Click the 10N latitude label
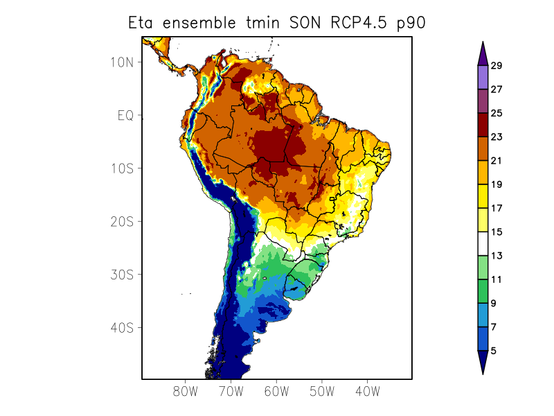coord(122,62)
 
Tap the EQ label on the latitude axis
coord(125,115)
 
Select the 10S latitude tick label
coord(122,168)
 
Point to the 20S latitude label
coord(122,221)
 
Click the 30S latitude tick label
coord(122,275)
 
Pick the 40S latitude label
coord(122,327)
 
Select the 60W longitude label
coord(276,391)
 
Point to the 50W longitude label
coord(322,391)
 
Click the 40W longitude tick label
coord(368,391)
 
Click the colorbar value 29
coord(496,66)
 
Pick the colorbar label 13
coord(496,256)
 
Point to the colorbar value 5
coord(493,351)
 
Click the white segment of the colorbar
coord(483,243)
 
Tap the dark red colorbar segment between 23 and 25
coord(483,125)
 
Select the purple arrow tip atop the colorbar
coord(483,52)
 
